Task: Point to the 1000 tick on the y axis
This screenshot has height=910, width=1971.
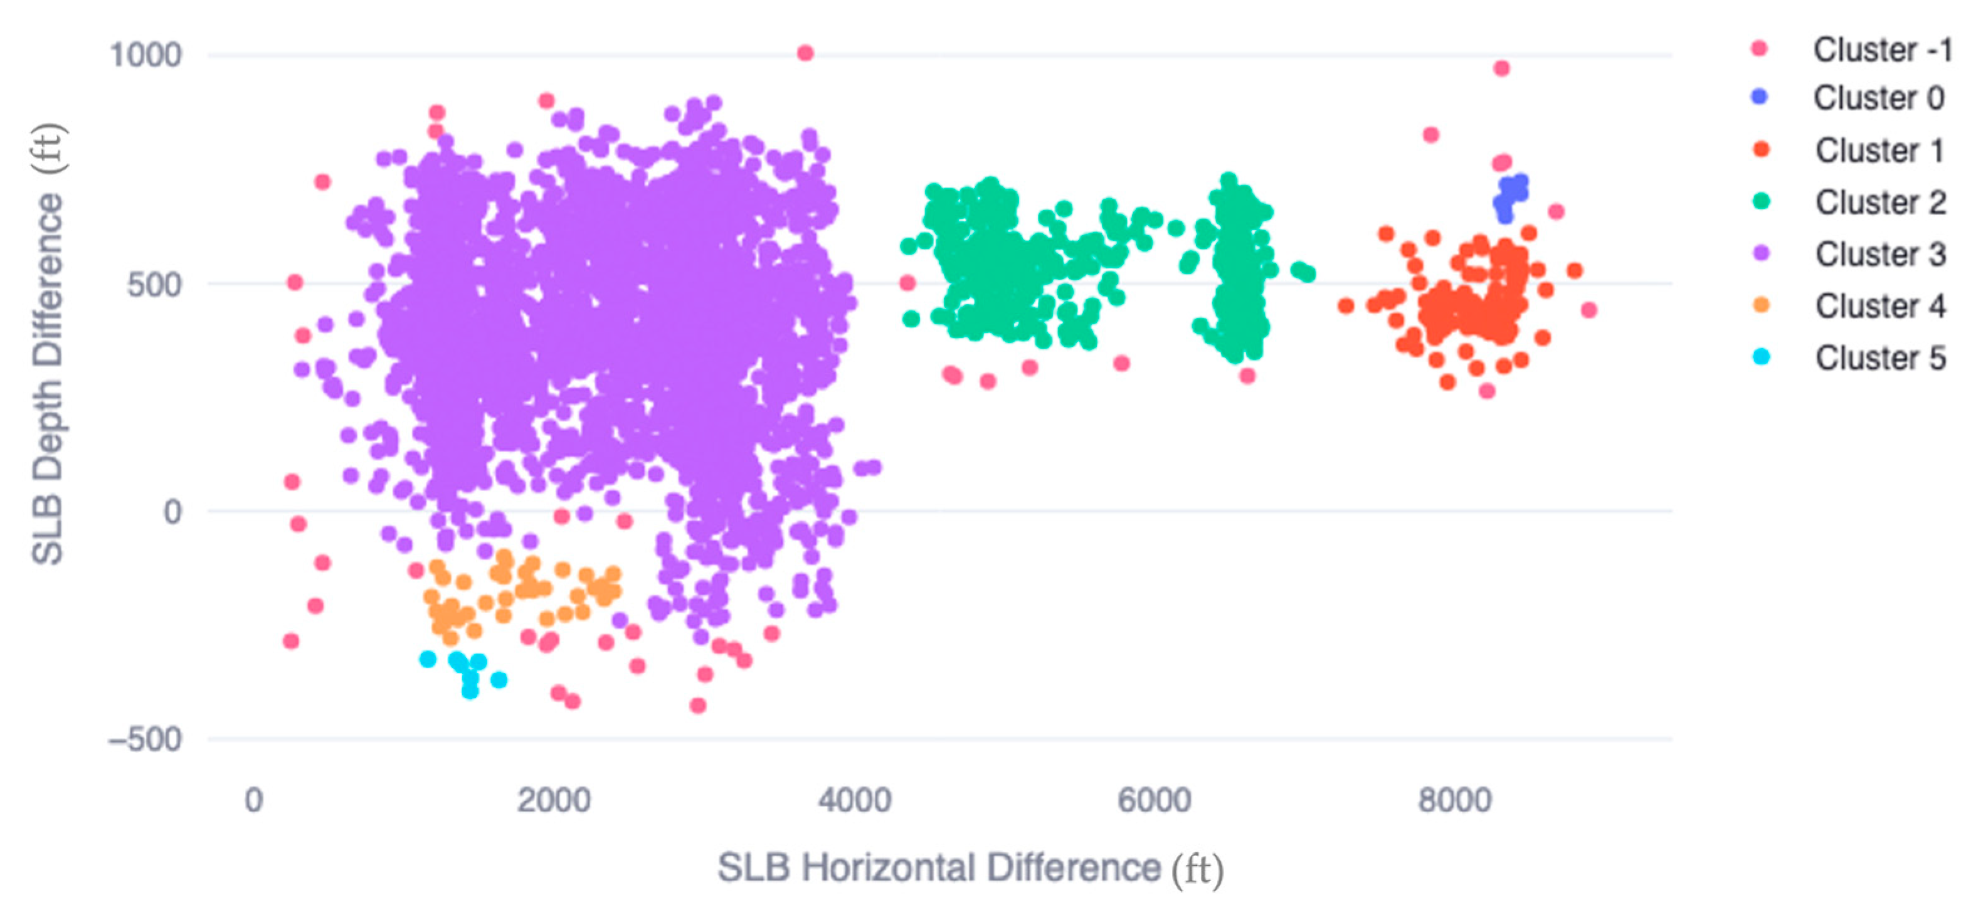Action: [x=145, y=55]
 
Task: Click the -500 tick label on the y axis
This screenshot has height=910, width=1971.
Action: [x=145, y=740]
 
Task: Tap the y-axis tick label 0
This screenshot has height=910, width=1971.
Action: [x=173, y=511]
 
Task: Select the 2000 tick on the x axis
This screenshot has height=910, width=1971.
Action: [x=554, y=800]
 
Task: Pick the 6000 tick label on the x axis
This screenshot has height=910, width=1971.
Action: [x=1155, y=800]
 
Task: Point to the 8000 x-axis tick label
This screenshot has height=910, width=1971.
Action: [x=1454, y=800]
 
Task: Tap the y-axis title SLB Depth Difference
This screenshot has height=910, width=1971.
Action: [x=48, y=344]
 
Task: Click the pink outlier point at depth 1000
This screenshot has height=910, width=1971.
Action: [x=805, y=53]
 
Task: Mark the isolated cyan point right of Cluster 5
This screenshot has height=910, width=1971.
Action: [x=499, y=680]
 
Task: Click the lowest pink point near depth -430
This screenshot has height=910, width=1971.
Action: [x=698, y=706]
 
